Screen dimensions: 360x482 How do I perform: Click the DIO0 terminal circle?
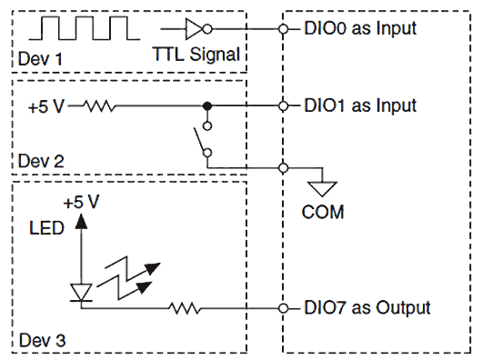pos(284,28)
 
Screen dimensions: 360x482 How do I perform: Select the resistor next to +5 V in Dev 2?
pos(97,105)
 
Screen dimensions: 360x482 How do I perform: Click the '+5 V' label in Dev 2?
pos(45,105)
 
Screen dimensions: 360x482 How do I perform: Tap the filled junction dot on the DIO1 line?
pos(207,105)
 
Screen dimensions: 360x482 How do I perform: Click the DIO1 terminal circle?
pos(284,105)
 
